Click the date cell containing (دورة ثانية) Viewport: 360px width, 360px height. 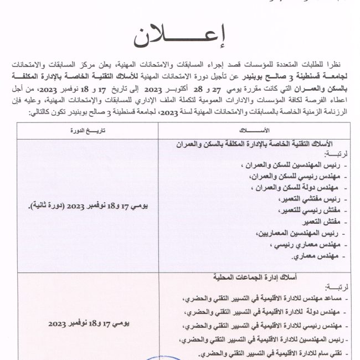(88, 206)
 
